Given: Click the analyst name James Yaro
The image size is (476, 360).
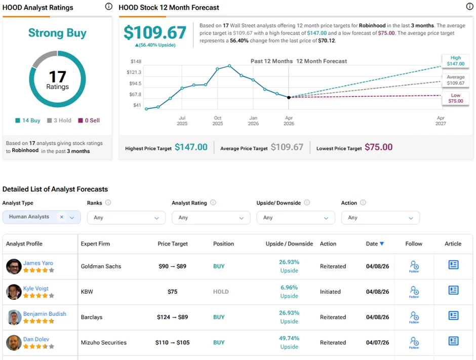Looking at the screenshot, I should click(x=38, y=263).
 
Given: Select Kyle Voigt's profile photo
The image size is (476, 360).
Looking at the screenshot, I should click(x=14, y=292).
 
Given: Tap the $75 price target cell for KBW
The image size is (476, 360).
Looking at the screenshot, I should click(x=173, y=292).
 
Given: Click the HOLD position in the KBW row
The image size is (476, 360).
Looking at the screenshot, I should click(x=221, y=292).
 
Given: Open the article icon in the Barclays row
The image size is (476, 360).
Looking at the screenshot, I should click(x=453, y=316).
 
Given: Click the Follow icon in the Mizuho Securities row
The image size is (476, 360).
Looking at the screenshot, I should click(x=414, y=342).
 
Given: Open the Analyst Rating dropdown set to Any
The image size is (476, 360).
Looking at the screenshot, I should click(x=211, y=218).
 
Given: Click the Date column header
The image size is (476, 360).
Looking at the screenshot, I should click(x=375, y=244).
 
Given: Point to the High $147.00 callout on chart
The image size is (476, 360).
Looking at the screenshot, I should click(x=455, y=61).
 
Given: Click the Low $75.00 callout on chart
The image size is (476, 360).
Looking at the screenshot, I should click(x=455, y=98).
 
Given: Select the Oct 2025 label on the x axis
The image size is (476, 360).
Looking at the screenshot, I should click(x=217, y=121).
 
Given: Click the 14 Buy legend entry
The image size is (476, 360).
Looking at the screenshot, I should click(x=28, y=121).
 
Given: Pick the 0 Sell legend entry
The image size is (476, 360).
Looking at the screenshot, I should click(x=89, y=121).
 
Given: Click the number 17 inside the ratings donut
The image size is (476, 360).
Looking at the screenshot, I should click(x=57, y=77).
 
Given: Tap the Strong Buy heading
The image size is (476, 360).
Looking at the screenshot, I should click(x=57, y=33).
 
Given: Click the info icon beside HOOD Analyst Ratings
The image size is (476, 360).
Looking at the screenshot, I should click(x=108, y=7).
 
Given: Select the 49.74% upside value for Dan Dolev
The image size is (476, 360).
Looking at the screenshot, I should click(x=289, y=338).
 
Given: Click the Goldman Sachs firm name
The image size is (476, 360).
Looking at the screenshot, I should click(x=101, y=266).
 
